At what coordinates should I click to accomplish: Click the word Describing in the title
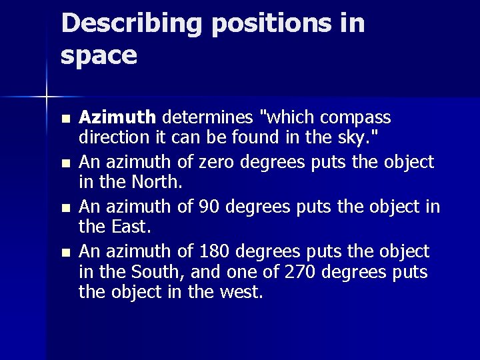click(132, 24)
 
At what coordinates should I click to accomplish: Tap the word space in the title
click(99, 55)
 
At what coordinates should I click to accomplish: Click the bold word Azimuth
click(117, 118)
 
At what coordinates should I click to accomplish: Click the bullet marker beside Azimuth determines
click(64, 119)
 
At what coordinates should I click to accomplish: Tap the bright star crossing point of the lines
click(47, 97)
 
